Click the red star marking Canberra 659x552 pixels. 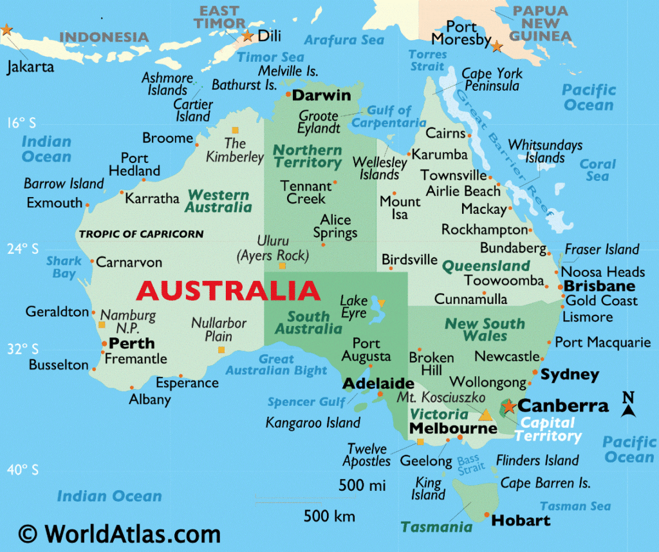[x=508, y=406]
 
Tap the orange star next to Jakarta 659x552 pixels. [x=6, y=30]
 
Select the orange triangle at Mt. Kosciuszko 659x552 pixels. [x=486, y=414]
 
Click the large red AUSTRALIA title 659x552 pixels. [x=228, y=291]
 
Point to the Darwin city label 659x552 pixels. [x=322, y=95]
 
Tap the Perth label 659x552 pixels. [x=132, y=343]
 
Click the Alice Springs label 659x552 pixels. [x=335, y=226]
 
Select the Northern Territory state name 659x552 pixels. [x=308, y=157]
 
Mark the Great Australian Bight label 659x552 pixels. [x=276, y=365]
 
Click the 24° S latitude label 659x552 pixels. [x=23, y=249]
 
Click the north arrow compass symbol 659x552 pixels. [x=629, y=404]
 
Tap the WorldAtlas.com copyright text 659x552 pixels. [x=120, y=533]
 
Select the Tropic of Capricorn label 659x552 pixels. [x=141, y=234]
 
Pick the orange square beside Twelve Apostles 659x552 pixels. [x=420, y=442]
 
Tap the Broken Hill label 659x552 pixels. [x=432, y=364]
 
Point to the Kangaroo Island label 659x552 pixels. [x=313, y=423]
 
